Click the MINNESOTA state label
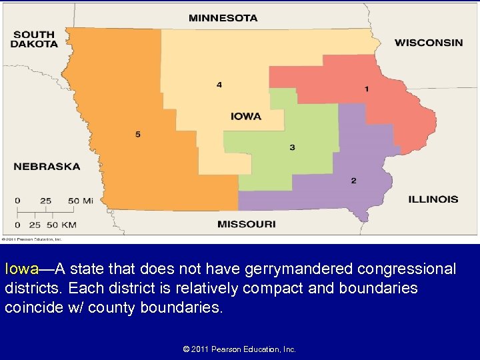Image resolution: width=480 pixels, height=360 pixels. [x=223, y=18]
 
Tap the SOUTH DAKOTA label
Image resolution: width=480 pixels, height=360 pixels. [x=34, y=39]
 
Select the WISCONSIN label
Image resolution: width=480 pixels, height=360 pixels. [x=428, y=43]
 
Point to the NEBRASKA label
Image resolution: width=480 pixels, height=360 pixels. [x=47, y=166]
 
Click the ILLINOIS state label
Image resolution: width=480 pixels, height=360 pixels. [x=433, y=199]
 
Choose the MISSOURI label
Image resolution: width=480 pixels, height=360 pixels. [x=246, y=224]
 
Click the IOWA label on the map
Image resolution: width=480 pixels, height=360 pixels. [x=246, y=116]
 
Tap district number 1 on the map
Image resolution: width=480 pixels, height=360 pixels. [x=366, y=89]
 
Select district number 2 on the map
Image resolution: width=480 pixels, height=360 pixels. [x=353, y=181]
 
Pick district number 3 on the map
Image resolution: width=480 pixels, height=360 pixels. [x=292, y=147]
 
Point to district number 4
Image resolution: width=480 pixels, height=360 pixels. [x=219, y=85]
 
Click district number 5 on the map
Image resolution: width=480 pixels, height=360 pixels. [x=138, y=135]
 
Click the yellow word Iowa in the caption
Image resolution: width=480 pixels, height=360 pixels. [x=21, y=269]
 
